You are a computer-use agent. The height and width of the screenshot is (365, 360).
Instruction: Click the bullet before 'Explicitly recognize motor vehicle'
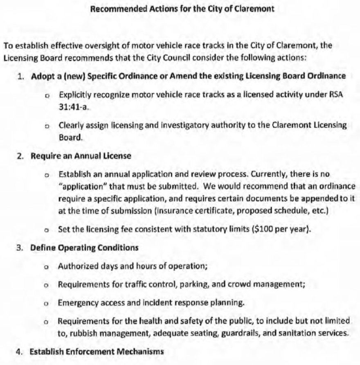47,95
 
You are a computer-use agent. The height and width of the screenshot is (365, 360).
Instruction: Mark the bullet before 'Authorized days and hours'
47,267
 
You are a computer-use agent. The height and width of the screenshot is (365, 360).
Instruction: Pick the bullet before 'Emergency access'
47,304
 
